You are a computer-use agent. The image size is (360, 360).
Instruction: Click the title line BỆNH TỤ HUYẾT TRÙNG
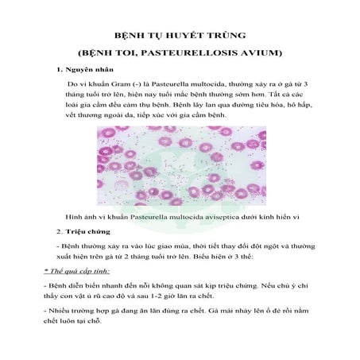pos(180,37)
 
